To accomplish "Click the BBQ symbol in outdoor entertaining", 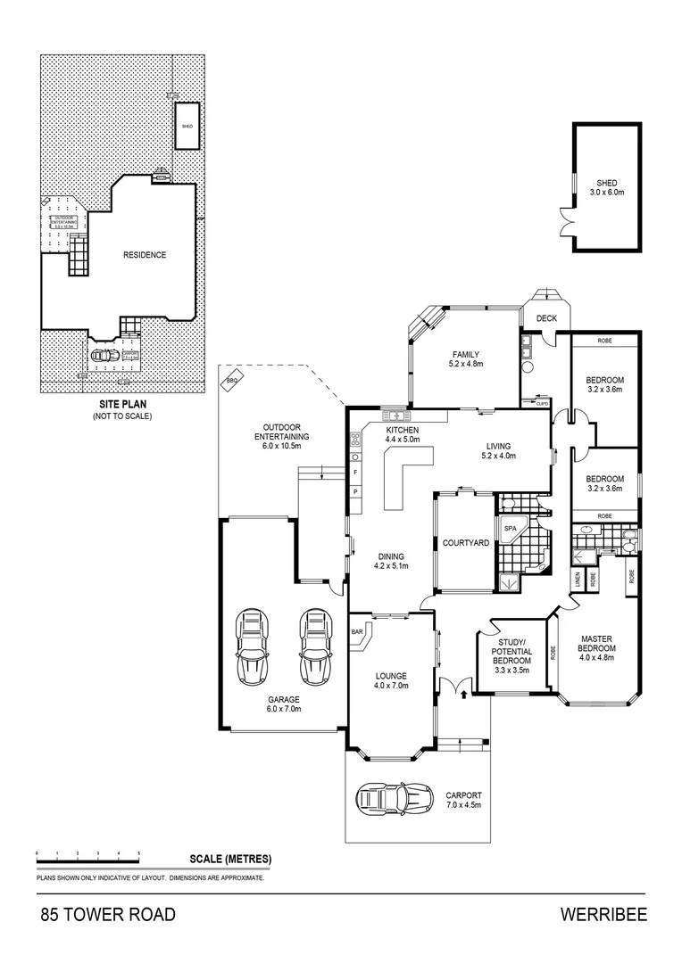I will [235, 381].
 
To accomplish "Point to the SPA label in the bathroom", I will [510, 528].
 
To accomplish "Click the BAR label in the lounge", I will [359, 631].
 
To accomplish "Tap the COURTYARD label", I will [465, 543].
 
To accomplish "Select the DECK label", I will [546, 318].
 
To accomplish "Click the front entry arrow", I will [463, 692].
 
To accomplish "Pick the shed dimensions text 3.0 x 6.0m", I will [606, 192].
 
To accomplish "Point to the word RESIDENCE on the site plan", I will [144, 255].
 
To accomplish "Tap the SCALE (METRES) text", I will [230, 860].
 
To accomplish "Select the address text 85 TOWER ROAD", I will [108, 915].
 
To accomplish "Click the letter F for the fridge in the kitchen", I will [355, 471].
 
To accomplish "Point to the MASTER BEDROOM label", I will [595, 643].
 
